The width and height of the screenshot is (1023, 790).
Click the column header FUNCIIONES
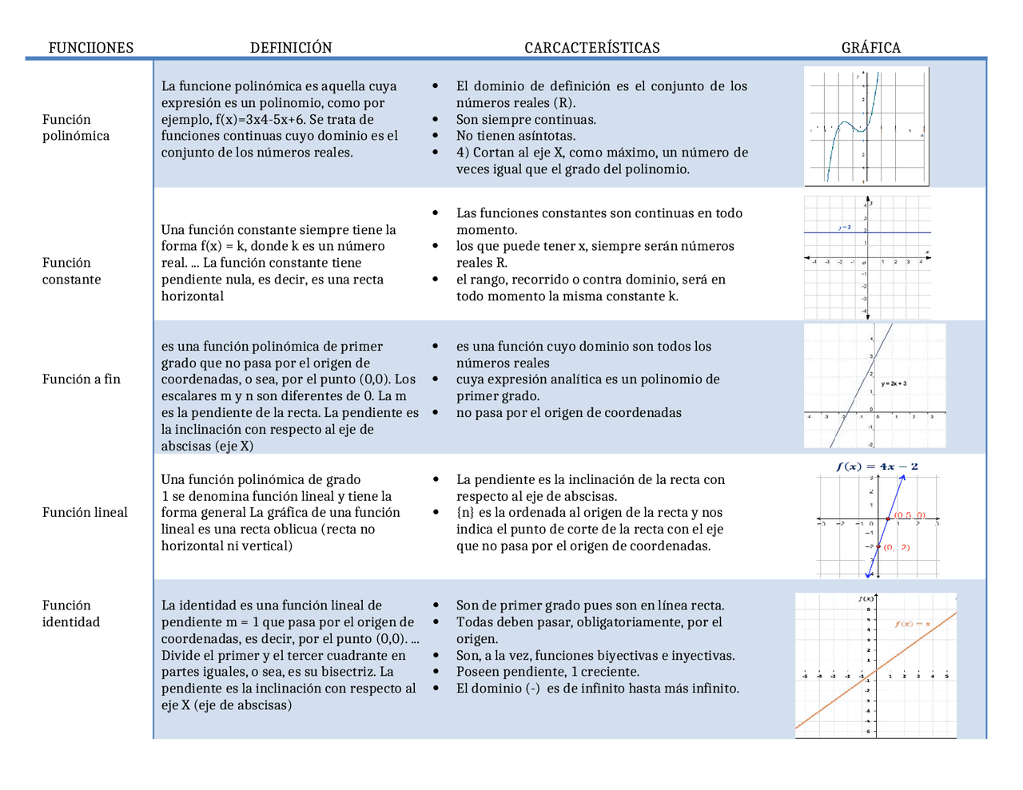[90, 48]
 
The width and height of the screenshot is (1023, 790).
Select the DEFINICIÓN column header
[291, 48]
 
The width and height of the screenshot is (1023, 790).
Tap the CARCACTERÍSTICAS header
[592, 48]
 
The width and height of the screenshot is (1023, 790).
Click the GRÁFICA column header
[870, 48]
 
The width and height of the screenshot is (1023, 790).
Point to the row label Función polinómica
[75, 128]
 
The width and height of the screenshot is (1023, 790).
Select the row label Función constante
[71, 271]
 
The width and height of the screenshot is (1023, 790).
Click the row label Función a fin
[81, 379]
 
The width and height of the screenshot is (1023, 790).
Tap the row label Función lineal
[85, 513]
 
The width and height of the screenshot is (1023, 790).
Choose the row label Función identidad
[70, 613]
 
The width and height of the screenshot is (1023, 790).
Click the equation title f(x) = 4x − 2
[877, 466]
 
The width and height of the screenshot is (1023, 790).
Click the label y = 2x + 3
[894, 383]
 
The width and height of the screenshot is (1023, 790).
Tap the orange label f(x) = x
[912, 624]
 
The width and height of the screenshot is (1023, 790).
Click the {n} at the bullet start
[465, 513]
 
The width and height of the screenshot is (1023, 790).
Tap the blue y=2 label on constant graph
[845, 228]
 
